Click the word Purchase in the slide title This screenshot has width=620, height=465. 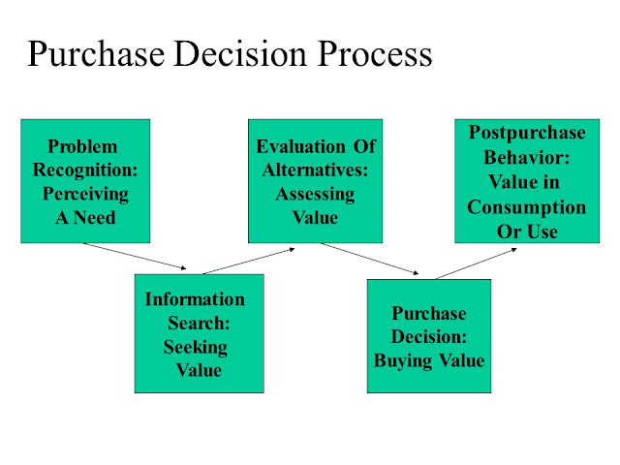click(96, 54)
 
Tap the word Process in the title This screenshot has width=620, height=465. click(375, 54)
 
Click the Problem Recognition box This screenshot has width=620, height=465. click(85, 181)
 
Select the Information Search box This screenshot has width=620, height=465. click(200, 333)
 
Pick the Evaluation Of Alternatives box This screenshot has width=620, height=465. click(315, 181)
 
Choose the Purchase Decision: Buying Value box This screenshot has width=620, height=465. click(429, 336)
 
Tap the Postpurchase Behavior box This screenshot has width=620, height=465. click(527, 181)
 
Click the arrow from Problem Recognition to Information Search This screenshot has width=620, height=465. click(135, 256)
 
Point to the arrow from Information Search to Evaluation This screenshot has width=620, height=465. click(249, 261)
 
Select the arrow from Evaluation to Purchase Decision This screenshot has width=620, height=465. click(370, 259)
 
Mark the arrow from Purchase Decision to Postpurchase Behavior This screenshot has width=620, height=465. click(476, 263)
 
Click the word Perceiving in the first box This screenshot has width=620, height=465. click(85, 194)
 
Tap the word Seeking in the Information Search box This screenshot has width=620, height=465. click(196, 348)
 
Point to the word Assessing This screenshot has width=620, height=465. click(315, 194)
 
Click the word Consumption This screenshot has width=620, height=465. click(527, 207)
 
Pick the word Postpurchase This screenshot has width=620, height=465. click(527, 133)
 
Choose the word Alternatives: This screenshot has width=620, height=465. click(315, 170)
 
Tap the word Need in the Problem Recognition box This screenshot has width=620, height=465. click(95, 217)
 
